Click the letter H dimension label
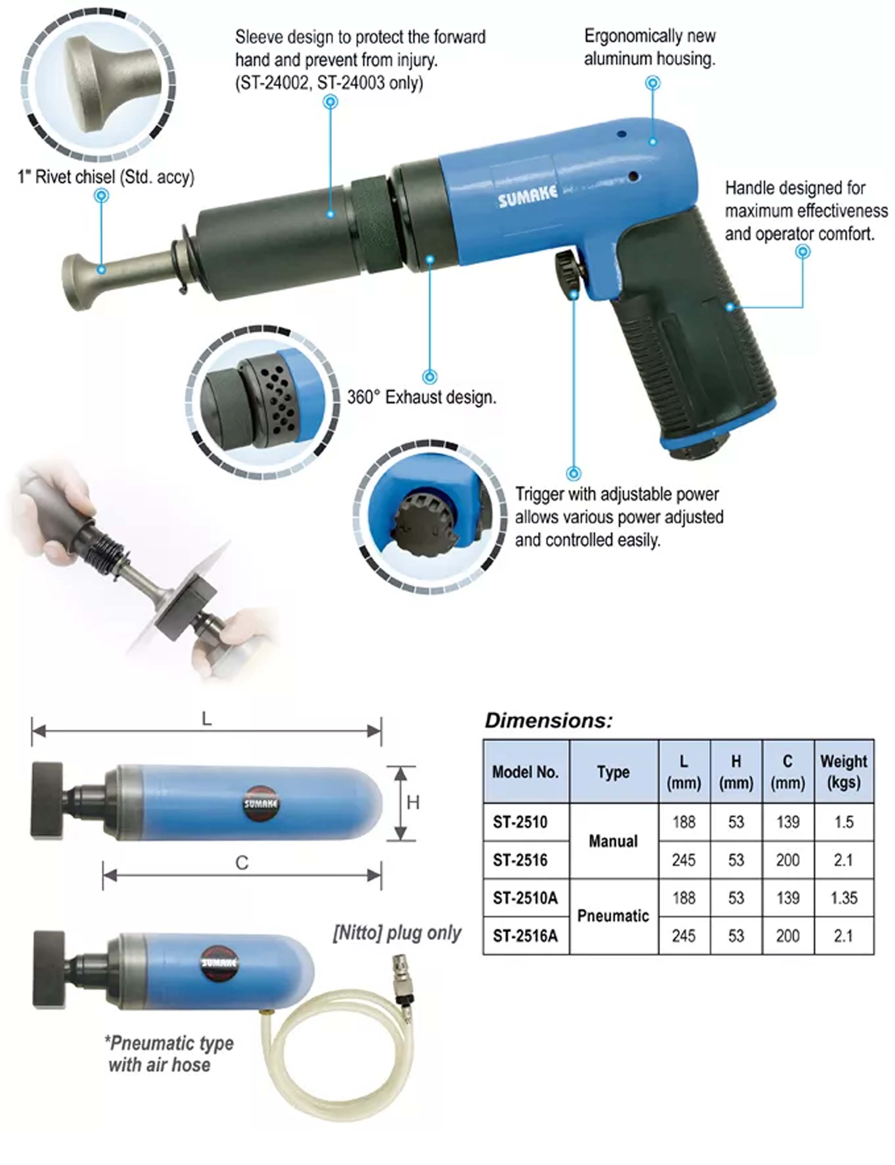click(x=413, y=803)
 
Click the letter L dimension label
click(x=207, y=719)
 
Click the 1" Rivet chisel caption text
click(x=106, y=177)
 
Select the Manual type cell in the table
click(x=613, y=841)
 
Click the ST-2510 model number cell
click(x=520, y=822)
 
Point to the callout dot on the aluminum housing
click(x=653, y=142)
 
